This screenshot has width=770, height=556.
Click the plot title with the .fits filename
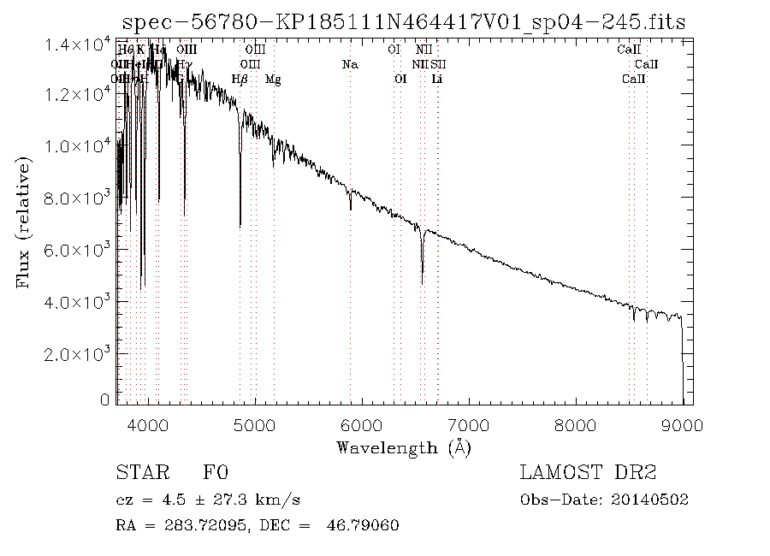pos(404,21)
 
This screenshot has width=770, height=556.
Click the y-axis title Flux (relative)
pos(25,222)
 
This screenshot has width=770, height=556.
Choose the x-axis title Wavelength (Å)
pos(404,447)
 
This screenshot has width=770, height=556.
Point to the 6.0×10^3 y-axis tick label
pos(77,250)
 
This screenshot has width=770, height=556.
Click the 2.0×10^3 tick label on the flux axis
pos(77,353)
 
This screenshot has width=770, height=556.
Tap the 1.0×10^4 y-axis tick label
pos(77,146)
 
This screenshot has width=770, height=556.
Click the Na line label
pos(349,64)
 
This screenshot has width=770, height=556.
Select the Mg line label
pos(273,80)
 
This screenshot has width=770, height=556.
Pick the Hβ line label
pos(240,80)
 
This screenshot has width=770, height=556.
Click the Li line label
pos(437,80)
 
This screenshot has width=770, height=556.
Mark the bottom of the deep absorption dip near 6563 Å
pos(422,282)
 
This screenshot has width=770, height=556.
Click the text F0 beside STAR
pos(215,473)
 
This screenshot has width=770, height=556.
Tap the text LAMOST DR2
pos(588,473)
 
